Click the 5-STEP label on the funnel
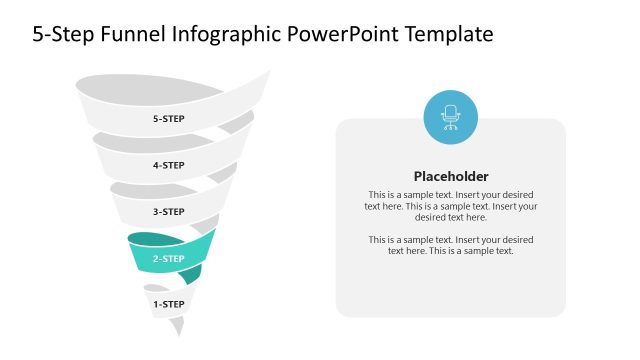(x=168, y=119)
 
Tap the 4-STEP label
(x=168, y=165)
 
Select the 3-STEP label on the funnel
(x=168, y=212)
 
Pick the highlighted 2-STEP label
(x=168, y=259)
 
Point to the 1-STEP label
(x=168, y=304)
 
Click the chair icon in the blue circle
(x=450, y=117)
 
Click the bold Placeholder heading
(x=451, y=175)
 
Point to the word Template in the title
(x=449, y=35)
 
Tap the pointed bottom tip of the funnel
(x=178, y=333)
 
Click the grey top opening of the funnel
(x=150, y=91)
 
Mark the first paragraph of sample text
(x=451, y=206)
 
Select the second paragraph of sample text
(x=451, y=245)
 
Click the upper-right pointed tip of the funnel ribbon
(x=268, y=71)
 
